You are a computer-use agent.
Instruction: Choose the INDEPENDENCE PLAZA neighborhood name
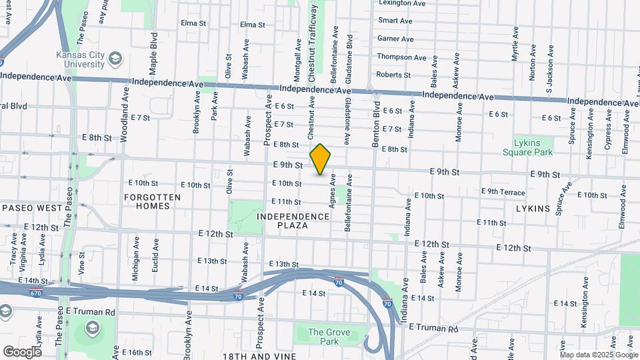click(293, 221)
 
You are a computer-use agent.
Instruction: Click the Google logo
click(22, 351)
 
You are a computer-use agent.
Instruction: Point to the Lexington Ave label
click(401, 3)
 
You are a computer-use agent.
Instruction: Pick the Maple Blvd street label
click(154, 53)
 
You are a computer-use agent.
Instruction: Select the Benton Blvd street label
click(376, 124)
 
